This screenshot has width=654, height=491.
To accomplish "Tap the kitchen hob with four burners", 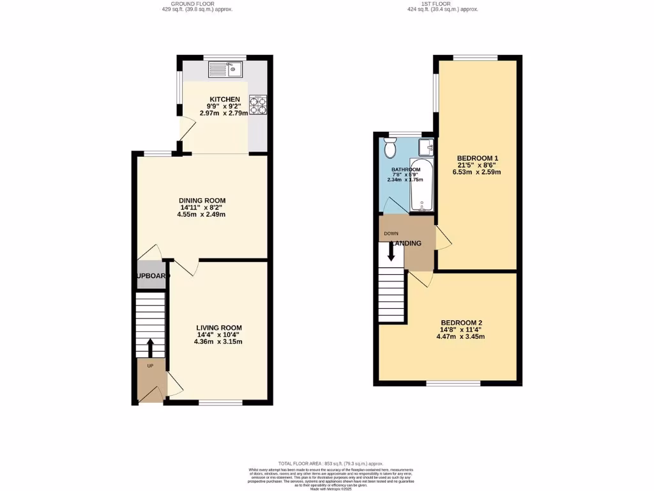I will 257,105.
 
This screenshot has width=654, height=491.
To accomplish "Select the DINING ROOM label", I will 202,201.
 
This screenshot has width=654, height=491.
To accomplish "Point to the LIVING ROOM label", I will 219,327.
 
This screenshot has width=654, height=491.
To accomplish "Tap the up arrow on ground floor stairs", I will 151,347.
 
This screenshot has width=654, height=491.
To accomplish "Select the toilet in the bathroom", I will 391,150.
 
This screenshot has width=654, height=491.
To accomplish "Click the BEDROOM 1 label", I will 478,159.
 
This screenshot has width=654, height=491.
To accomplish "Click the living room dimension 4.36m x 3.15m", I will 218,341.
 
